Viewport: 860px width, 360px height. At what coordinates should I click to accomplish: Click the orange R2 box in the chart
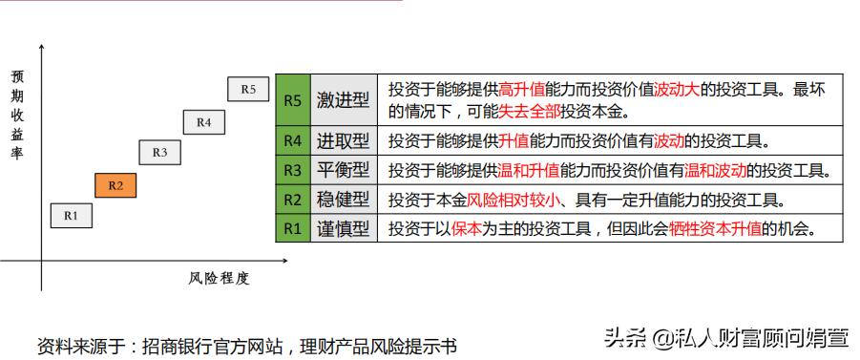[x=115, y=185]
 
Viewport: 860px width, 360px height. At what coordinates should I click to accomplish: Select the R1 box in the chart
[x=72, y=216]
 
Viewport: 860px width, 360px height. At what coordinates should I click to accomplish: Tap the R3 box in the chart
[x=159, y=152]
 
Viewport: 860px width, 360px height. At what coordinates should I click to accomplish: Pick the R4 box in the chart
[x=203, y=121]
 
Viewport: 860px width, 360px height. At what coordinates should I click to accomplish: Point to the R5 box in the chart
[x=248, y=89]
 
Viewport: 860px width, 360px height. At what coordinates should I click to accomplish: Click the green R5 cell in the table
[x=292, y=98]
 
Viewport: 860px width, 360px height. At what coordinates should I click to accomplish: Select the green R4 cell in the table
[x=292, y=141]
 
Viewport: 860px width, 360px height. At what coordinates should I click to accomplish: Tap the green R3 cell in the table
[x=292, y=171]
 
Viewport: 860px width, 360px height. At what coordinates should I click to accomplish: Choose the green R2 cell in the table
[x=292, y=200]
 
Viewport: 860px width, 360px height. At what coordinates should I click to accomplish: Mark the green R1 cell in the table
[x=292, y=228]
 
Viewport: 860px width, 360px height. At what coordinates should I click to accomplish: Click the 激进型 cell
[x=342, y=98]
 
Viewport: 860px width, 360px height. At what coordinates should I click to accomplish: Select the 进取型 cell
[x=342, y=141]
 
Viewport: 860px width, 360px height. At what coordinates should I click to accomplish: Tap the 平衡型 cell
[x=342, y=171]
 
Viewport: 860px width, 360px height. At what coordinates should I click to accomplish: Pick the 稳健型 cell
[x=342, y=200]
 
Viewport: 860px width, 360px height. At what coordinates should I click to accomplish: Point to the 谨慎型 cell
[x=342, y=228]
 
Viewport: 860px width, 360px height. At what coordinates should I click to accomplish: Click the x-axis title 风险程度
[x=218, y=278]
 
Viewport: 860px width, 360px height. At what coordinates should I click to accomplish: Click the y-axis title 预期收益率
[x=16, y=113]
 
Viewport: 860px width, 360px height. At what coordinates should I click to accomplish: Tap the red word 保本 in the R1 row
[x=468, y=229]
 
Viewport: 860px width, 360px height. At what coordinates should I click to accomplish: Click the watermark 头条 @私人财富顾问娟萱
[x=725, y=336]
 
